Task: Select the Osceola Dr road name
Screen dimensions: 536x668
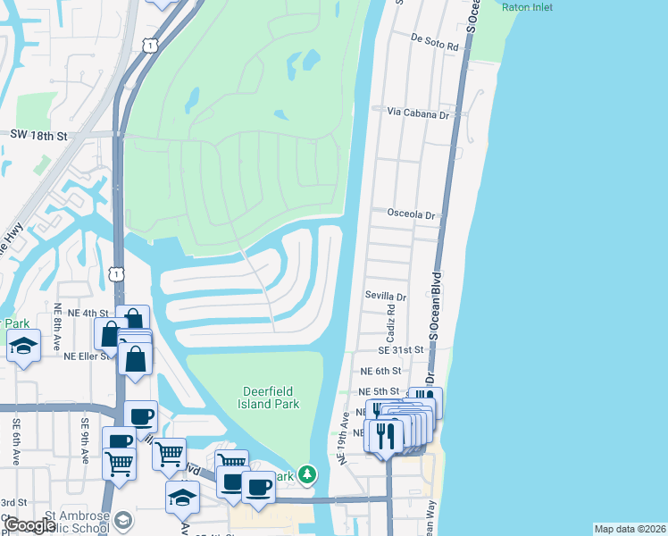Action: (412, 214)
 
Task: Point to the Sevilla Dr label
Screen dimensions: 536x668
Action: (386, 296)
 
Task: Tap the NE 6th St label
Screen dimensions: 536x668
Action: (379, 371)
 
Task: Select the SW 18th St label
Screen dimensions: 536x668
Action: (38, 135)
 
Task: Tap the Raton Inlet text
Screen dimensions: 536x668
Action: (527, 7)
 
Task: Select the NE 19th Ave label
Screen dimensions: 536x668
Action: (341, 439)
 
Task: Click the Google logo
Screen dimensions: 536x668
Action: (29, 525)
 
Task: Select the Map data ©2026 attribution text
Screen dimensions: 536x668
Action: (630, 529)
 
